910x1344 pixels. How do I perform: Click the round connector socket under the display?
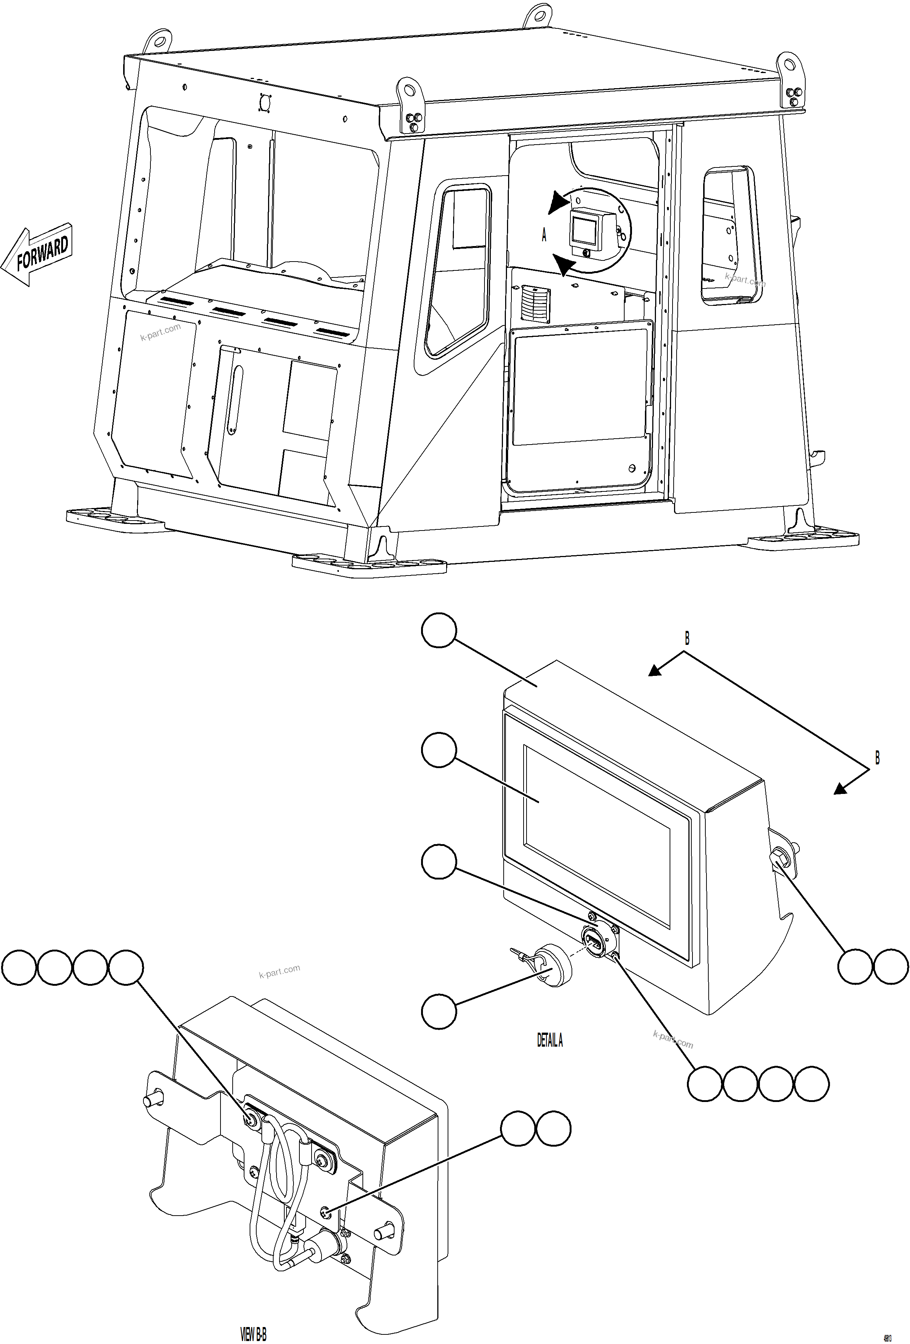(x=594, y=934)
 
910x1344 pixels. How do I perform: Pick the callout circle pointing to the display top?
(x=439, y=630)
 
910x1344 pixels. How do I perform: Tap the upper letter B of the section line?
(x=687, y=639)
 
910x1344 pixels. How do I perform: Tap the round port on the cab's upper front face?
(x=265, y=102)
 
